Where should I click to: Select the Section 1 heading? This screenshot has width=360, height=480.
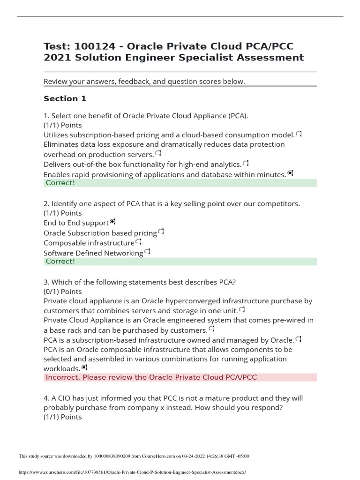click(x=65, y=98)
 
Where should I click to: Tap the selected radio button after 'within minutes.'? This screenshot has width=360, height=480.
click(x=290, y=173)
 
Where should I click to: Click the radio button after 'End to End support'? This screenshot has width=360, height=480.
click(x=112, y=222)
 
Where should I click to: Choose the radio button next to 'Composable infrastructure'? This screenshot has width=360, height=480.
click(x=138, y=242)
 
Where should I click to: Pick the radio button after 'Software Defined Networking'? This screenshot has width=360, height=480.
click(x=147, y=252)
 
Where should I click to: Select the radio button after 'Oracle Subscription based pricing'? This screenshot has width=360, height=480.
click(x=161, y=232)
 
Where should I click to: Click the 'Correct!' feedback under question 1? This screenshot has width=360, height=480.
click(x=60, y=183)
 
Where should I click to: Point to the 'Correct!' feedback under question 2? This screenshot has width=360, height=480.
click(x=60, y=261)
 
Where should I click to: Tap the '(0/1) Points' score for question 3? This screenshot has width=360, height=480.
click(x=62, y=292)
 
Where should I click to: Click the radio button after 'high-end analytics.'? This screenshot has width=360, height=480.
click(x=246, y=163)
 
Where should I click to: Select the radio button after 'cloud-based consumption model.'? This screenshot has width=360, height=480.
click(x=299, y=134)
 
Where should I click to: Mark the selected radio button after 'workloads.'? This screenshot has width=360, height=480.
click(x=84, y=367)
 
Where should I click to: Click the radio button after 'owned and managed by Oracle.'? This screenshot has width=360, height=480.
click(x=299, y=339)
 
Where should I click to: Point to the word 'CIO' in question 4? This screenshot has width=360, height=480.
click(x=66, y=398)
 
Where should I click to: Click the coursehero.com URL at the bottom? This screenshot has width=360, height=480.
click(x=132, y=472)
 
